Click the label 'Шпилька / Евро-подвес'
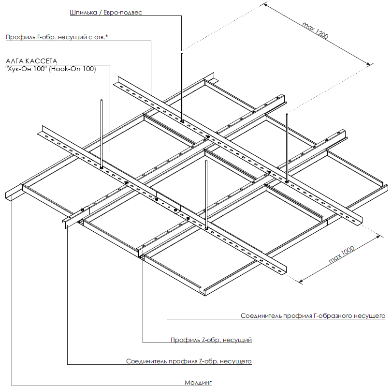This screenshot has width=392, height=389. (106, 13)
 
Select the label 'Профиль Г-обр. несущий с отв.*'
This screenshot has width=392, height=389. (57, 37)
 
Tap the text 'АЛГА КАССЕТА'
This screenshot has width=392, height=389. (31, 61)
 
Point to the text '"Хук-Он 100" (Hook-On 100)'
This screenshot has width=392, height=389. (51, 69)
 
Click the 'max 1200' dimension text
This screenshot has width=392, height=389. (315, 30)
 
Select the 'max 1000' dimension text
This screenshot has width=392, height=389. (342, 254)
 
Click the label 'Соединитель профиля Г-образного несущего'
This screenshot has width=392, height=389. (313, 316)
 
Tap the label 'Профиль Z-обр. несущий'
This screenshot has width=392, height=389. (211, 340)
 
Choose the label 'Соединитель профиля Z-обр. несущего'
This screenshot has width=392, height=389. (189, 361)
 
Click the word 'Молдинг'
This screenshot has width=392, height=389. (198, 383)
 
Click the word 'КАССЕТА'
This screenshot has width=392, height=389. (41, 61)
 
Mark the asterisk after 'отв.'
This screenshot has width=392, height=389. (107, 36)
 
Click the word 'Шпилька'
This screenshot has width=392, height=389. (83, 13)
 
